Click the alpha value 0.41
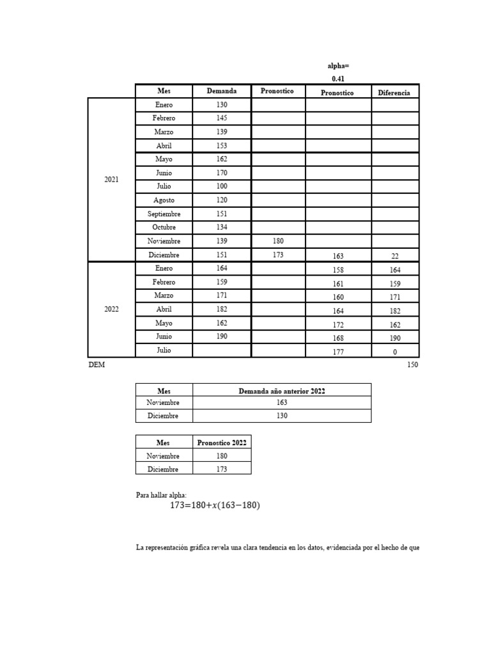pos(338,79)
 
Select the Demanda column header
pos(221,91)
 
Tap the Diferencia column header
pos(394,92)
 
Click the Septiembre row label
pos(164,214)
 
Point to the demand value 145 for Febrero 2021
pos(221,118)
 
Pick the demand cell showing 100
pos(221,187)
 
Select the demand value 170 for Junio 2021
pos(221,173)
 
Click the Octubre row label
pos(164,228)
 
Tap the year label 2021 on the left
pos(111,180)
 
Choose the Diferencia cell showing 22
pos(394,256)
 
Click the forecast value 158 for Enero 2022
pos(338,270)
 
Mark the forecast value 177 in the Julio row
pos(338,352)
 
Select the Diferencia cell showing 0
pos(394,352)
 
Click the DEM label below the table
pos(97,365)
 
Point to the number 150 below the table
pos(412,365)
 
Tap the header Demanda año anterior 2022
pos(281,391)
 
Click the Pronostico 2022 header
pos(222,443)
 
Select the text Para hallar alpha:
pos(161,495)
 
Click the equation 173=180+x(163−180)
pos(215,506)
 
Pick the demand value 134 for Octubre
pos(221,228)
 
